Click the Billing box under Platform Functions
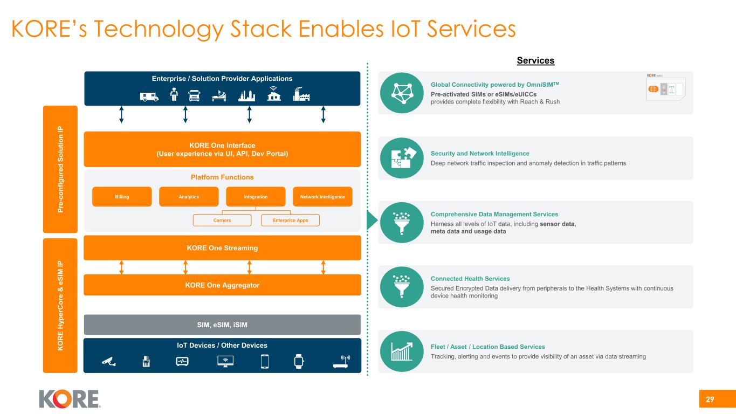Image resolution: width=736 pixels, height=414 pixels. [122, 197]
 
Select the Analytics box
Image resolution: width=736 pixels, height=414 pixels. [189, 197]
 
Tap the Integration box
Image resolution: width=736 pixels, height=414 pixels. [256, 197]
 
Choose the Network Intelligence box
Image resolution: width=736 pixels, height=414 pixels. [322, 197]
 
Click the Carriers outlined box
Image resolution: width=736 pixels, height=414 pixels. [223, 220]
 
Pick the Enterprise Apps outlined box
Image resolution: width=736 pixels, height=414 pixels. [290, 220]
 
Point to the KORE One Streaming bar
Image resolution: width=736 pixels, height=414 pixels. [222, 248]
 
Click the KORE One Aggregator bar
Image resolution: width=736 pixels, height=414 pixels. [222, 285]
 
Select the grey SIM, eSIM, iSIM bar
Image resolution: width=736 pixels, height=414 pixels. [222, 325]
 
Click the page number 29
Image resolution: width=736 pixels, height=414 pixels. [710, 399]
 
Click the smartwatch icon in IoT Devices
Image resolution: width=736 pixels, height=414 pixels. [299, 362]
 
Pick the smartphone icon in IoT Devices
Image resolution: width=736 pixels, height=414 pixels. [264, 362]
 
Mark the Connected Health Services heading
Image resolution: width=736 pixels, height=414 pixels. [470, 279]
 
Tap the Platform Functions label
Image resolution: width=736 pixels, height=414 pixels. [222, 177]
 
